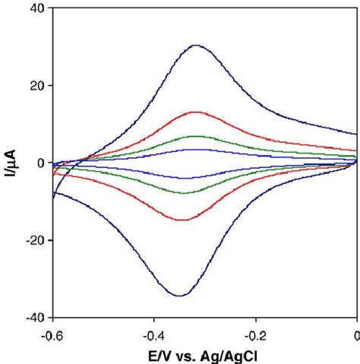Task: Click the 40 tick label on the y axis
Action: (x=36, y=8)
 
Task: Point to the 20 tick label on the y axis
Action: (x=36, y=85)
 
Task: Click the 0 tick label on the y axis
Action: (x=39, y=163)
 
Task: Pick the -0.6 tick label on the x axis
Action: (x=52, y=334)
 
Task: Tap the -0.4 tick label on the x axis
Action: (x=153, y=334)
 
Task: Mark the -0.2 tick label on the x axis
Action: (x=255, y=334)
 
